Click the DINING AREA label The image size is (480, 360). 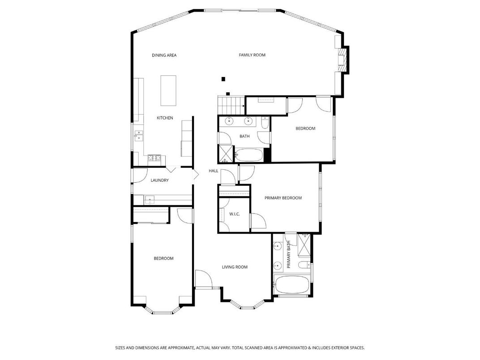[x=164, y=56]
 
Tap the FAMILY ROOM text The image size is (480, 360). [x=252, y=55]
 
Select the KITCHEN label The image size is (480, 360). [x=164, y=118]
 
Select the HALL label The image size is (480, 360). [x=213, y=171]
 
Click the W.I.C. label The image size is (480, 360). [x=234, y=214]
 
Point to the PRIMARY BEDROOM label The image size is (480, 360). [x=283, y=198]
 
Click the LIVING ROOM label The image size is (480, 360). [x=235, y=267]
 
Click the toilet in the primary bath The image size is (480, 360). [x=304, y=266]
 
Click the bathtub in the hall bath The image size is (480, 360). [x=249, y=155]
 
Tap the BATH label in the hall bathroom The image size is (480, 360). [x=244, y=137]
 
